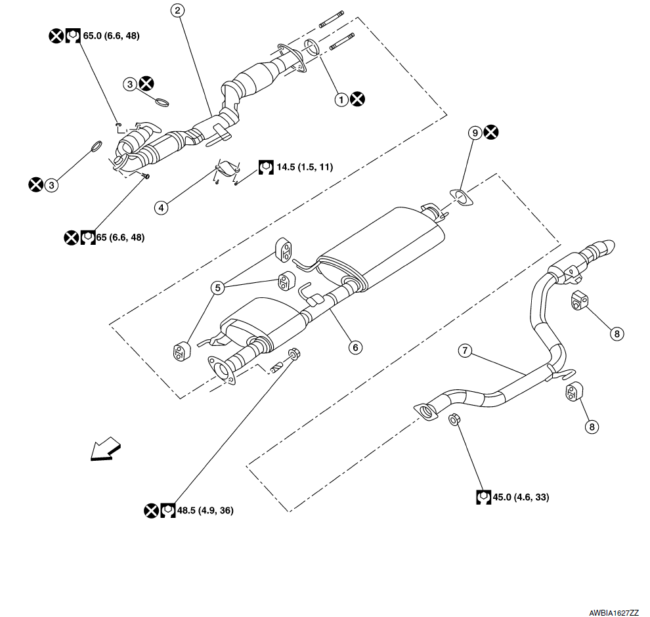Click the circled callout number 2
[177, 11]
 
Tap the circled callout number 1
[341, 99]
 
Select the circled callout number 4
[160, 207]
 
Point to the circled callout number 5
[217, 287]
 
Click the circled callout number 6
[355, 347]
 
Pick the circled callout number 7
[465, 351]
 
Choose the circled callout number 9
[475, 133]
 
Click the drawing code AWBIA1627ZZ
[614, 611]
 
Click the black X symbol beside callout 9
[490, 133]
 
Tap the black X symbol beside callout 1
[357, 99]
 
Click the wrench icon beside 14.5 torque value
[266, 167]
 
